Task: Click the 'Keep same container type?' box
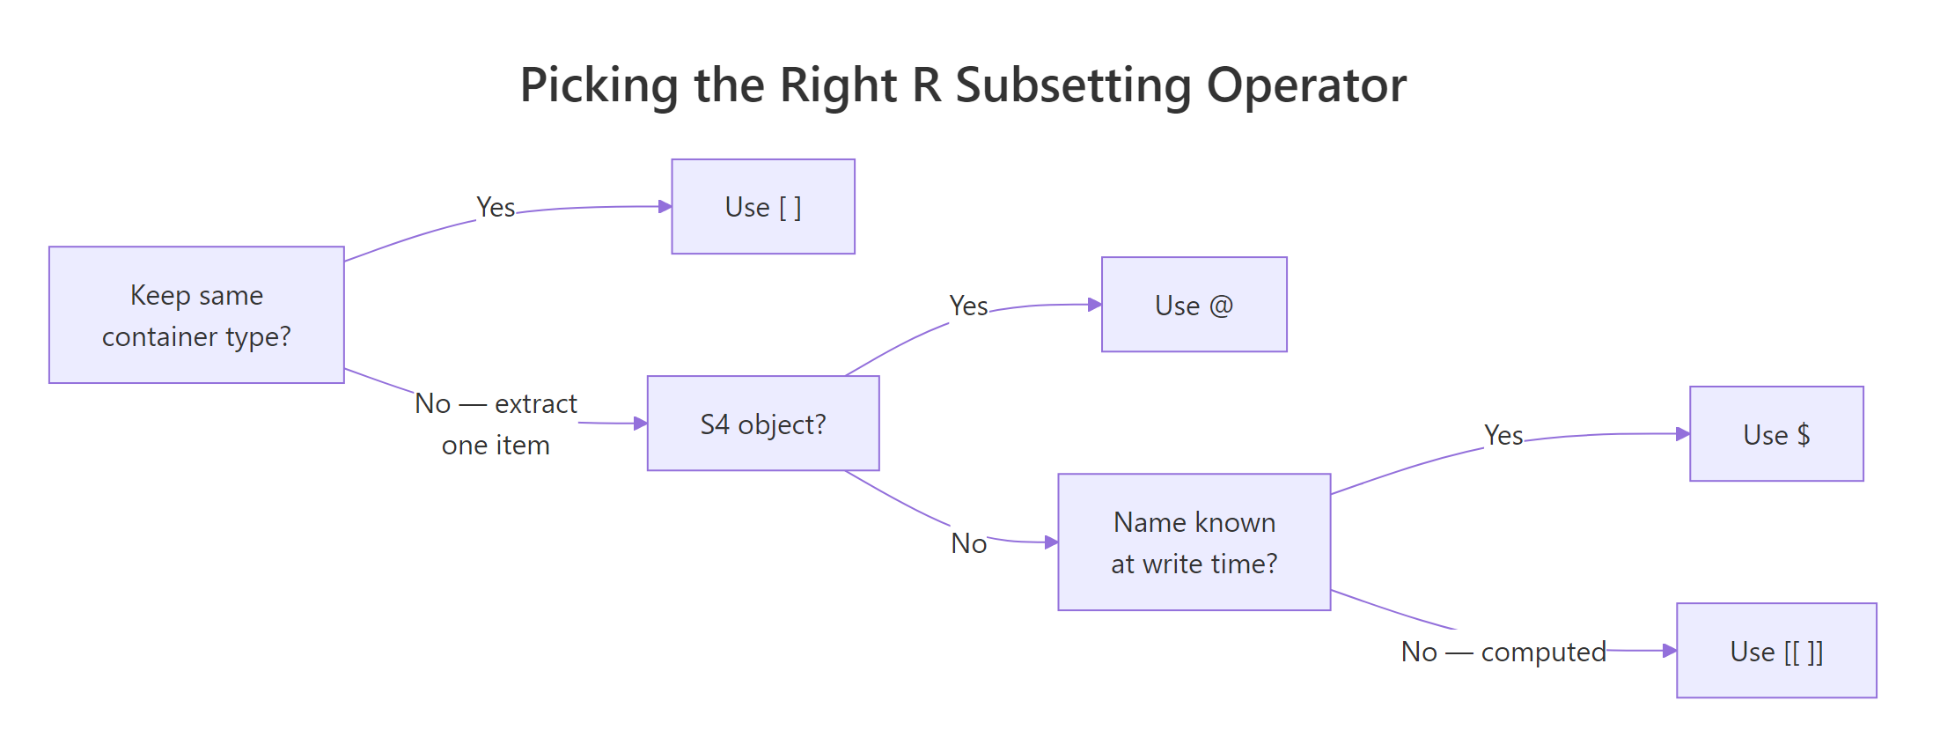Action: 196,315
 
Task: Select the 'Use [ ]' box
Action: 763,207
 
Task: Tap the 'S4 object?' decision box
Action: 763,424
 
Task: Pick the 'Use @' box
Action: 1194,305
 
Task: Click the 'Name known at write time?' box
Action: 1194,542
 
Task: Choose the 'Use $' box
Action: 1776,434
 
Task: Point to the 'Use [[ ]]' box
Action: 1776,651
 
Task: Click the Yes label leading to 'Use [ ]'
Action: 496,207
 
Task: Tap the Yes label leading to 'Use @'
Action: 968,306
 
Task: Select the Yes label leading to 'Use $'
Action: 1503,435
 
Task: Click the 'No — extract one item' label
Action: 496,424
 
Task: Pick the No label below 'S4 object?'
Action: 968,543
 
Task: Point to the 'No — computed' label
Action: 1503,652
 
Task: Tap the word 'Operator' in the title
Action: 1306,86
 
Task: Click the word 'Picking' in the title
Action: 599,86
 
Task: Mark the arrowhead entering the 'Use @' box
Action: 1095,305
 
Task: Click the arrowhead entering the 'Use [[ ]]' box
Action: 1670,651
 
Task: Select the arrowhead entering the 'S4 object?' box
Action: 641,424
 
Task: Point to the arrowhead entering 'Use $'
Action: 1683,434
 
